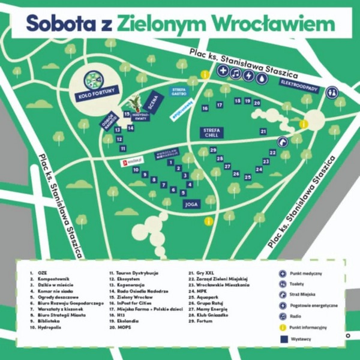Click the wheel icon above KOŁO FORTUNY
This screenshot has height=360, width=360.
tap(93, 79)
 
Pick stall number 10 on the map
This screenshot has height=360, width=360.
tap(137, 170)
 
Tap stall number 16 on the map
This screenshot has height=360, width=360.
tap(205, 108)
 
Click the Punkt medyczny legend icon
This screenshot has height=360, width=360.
tap(282, 273)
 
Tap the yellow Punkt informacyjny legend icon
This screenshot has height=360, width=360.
tap(282, 327)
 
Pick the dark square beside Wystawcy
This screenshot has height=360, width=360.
tap(282, 338)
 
